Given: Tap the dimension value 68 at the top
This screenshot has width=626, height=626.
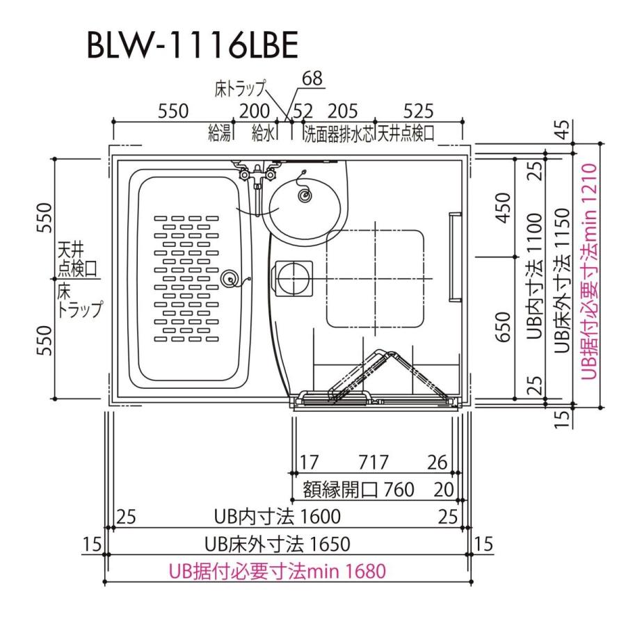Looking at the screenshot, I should pyautogui.click(x=312, y=79).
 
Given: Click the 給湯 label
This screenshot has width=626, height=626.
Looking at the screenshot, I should pyautogui.click(x=219, y=134).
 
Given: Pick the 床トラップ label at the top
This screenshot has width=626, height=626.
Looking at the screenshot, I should pyautogui.click(x=240, y=88).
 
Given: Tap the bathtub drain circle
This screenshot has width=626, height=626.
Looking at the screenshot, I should pyautogui.click(x=227, y=280).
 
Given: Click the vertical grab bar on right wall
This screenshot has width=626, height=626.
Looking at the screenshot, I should pyautogui.click(x=454, y=257).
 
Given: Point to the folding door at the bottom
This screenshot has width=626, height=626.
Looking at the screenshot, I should pyautogui.click(x=376, y=390).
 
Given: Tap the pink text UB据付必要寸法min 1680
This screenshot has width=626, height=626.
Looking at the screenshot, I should pyautogui.click(x=277, y=571).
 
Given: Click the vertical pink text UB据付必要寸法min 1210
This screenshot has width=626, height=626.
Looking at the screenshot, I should pyautogui.click(x=590, y=271).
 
